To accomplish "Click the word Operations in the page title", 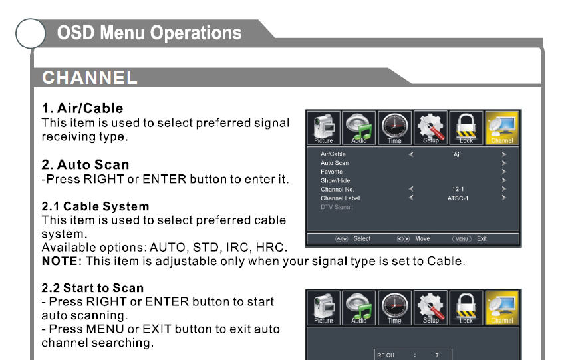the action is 196,33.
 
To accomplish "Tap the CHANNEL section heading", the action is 90,77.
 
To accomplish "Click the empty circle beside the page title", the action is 31,33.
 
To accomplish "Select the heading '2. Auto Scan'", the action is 85,164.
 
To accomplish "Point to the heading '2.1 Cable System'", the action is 95,206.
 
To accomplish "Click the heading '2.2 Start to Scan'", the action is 92,288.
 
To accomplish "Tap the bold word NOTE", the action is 59,261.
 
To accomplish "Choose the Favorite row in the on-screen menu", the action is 331,172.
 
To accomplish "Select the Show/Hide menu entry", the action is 335,180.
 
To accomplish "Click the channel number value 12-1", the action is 458,189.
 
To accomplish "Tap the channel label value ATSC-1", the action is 458,198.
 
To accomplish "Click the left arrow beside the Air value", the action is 411,154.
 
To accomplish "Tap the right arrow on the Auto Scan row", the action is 504,163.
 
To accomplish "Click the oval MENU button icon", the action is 462,239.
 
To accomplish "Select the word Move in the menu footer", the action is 422,238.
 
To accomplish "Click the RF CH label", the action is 386,355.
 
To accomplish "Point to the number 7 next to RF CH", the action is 437,355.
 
